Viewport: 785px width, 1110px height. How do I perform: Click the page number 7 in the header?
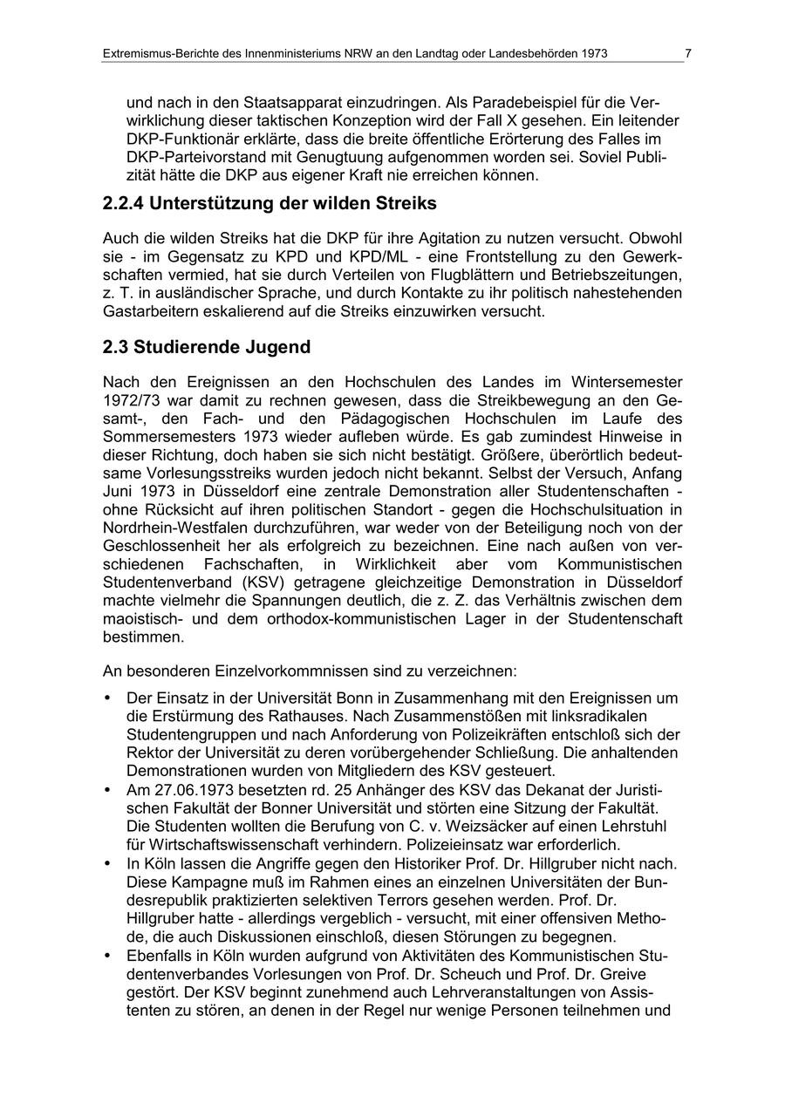[x=688, y=54]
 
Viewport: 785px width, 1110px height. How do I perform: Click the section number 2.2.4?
[x=122, y=204]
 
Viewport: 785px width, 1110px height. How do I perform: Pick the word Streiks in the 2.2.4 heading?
[x=406, y=204]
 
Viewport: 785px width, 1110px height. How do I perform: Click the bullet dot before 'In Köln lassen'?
[x=107, y=863]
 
